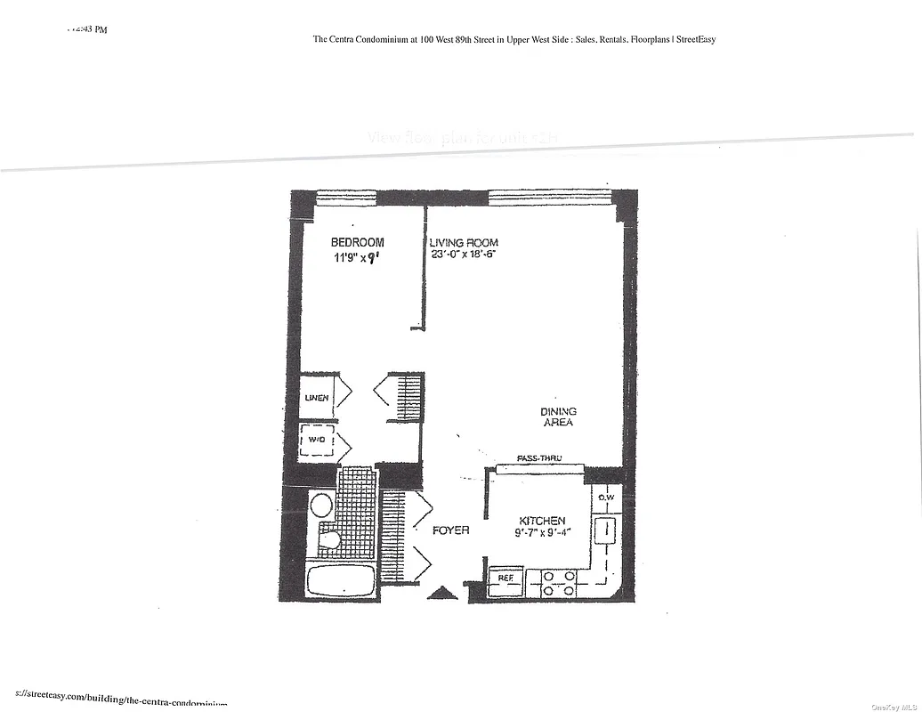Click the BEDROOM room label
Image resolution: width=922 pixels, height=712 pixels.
coord(357,242)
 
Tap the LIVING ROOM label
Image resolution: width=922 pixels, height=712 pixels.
coord(464,243)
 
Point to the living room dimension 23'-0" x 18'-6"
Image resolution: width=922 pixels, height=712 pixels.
coord(462,254)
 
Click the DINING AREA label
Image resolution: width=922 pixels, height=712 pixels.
coord(558,417)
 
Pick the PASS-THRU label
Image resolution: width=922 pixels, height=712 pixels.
coord(539,458)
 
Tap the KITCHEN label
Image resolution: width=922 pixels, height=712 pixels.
coord(542,521)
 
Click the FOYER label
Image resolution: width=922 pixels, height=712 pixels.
coord(450,530)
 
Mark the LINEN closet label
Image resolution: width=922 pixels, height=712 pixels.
coord(317,398)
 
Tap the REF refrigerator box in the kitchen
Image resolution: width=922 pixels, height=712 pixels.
coord(505,578)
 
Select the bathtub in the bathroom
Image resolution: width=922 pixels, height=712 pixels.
coord(340,580)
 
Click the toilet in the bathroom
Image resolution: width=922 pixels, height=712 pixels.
coord(331,539)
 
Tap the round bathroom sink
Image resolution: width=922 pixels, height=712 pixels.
coord(321,506)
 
